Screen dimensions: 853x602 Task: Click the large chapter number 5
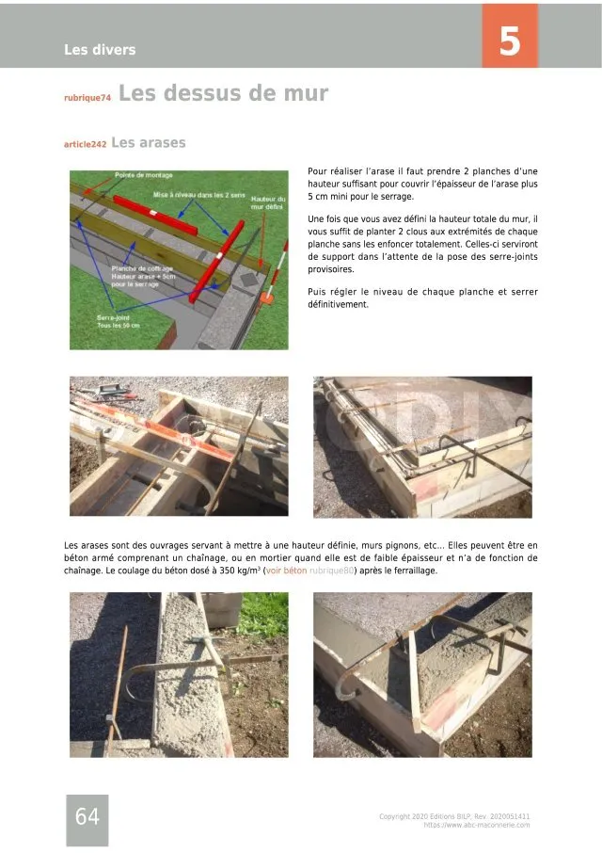click(x=509, y=42)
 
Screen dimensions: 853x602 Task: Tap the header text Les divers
click(x=100, y=50)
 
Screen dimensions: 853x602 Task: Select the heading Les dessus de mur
click(x=224, y=94)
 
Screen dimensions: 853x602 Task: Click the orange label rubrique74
click(x=87, y=98)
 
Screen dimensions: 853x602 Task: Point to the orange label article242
click(x=85, y=145)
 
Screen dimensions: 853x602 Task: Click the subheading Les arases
click(x=149, y=143)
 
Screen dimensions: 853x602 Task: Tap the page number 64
click(x=87, y=817)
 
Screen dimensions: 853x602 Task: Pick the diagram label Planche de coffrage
click(x=139, y=268)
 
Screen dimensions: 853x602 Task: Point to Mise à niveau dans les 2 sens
click(x=198, y=195)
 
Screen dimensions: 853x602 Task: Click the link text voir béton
click(x=286, y=571)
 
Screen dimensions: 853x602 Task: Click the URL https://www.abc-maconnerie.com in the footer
click(x=476, y=825)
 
